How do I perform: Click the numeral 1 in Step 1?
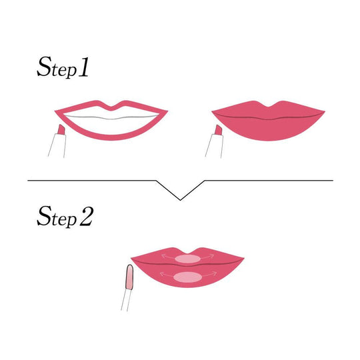tap(83, 67)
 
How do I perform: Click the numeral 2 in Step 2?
tap(87, 216)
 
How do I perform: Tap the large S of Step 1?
tap(44, 67)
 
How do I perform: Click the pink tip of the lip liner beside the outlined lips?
tap(61, 129)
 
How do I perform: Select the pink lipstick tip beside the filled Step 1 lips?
tap(219, 130)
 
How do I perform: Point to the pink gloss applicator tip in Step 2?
tap(129, 277)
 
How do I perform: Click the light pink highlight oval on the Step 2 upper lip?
tap(188, 259)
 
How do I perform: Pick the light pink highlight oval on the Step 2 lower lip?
tap(187, 277)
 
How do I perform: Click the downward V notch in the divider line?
tap(181, 200)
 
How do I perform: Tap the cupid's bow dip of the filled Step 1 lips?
tap(268, 106)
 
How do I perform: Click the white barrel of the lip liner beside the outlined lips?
tap(57, 145)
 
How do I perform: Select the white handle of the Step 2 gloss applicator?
tap(125, 300)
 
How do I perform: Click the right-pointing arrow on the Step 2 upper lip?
tap(207, 257)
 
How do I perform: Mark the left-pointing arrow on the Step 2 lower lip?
tap(167, 274)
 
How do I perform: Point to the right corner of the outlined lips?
tap(167, 111)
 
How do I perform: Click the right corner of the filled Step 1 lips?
tap(325, 112)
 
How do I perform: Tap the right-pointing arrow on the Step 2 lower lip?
tap(209, 274)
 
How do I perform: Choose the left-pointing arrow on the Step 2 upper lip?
tap(169, 257)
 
